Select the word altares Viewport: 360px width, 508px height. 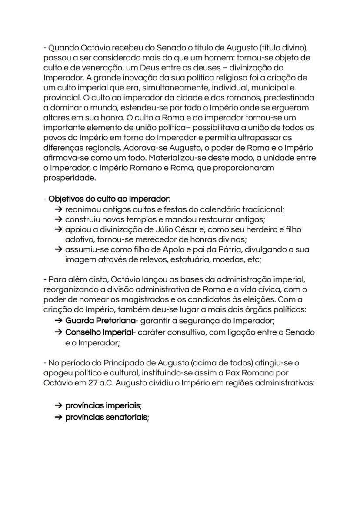coord(57,118)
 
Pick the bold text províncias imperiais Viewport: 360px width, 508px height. coord(103,405)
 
